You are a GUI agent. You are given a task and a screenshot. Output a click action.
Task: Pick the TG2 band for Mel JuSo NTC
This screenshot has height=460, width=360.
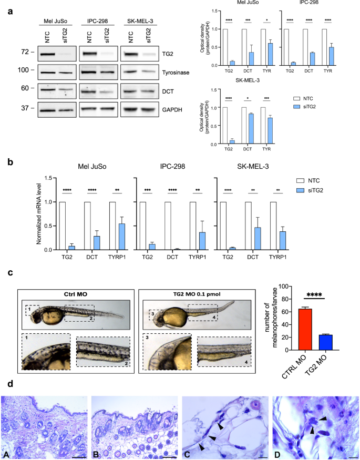click(47, 54)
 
